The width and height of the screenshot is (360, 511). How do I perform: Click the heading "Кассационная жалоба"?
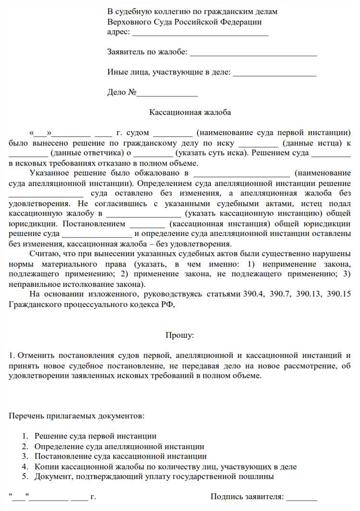[190, 112]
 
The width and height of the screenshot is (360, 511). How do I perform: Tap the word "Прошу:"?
[180, 335]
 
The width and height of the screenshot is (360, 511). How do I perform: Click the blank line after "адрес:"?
[200, 33]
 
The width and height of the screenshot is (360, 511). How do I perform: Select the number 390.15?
[338, 294]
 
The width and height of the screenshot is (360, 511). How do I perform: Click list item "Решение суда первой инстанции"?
[95, 436]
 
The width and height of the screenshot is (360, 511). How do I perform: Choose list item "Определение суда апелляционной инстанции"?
[119, 446]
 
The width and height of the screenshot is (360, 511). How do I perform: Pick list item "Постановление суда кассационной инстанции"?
[120, 456]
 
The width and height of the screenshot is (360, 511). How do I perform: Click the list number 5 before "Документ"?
[24, 476]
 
